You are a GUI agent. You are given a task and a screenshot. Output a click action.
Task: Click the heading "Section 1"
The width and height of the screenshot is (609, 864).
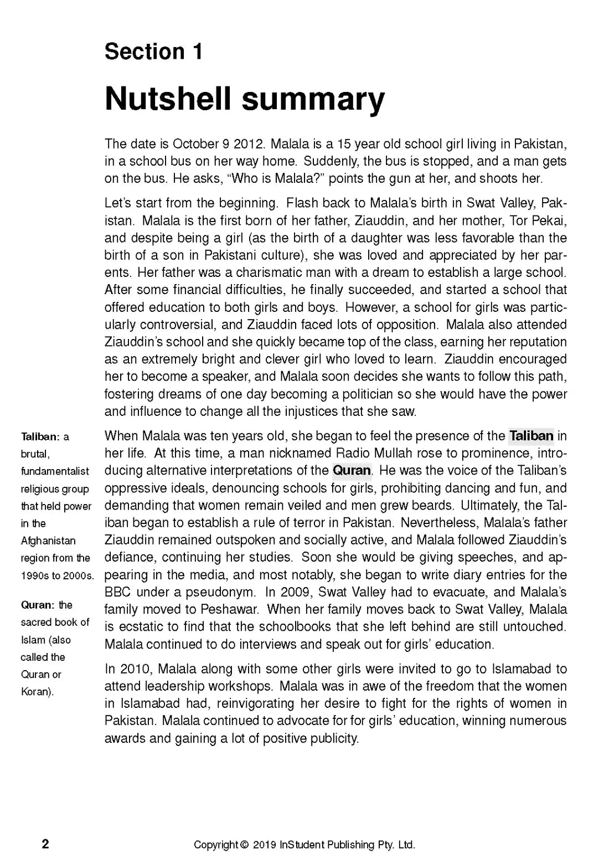point(153,52)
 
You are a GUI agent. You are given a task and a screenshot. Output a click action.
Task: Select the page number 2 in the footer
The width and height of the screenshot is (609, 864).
point(45,844)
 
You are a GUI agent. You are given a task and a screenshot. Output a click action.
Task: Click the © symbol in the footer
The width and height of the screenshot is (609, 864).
point(244,845)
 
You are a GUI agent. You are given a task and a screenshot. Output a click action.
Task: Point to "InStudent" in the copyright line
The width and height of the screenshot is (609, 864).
point(303,845)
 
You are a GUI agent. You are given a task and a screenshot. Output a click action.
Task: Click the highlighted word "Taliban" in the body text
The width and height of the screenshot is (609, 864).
point(531,436)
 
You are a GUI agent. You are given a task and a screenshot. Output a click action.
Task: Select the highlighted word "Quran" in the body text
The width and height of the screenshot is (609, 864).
point(352,471)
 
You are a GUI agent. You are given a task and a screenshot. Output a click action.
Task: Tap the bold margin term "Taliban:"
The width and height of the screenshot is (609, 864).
point(41,437)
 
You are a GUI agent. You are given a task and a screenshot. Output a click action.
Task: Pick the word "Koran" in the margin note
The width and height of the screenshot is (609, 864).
point(36,692)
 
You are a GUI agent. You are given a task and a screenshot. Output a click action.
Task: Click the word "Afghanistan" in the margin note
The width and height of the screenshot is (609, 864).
point(48,541)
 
